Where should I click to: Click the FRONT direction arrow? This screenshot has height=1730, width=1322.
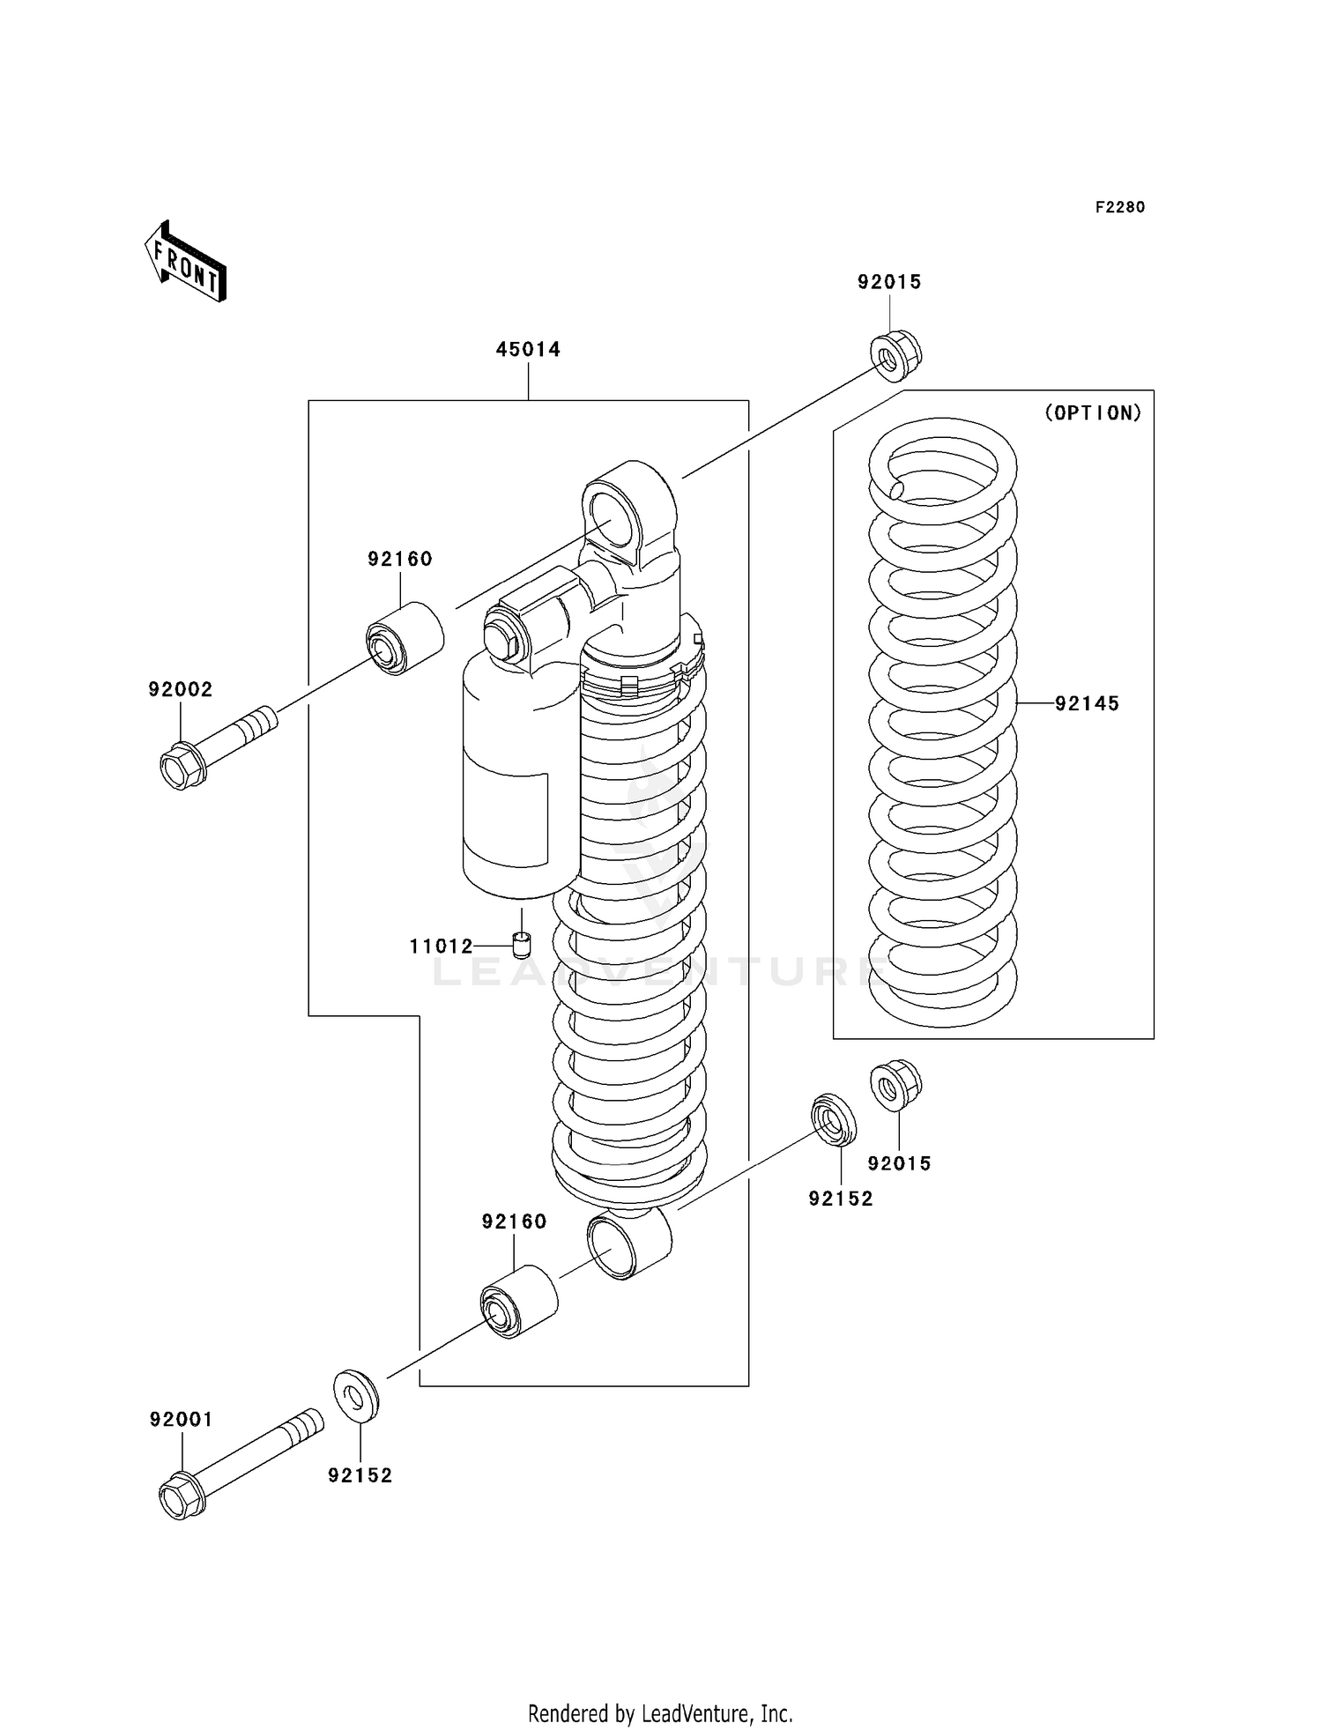coord(186,262)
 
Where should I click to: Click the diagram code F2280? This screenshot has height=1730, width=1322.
coord(1119,207)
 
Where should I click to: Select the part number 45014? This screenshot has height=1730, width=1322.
coord(527,349)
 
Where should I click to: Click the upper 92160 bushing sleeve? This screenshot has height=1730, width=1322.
coord(405,637)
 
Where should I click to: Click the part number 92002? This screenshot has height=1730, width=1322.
coord(180,689)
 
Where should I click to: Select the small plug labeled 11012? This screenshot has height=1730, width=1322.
coord(522,946)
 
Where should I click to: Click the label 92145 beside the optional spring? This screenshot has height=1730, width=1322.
coord(1087,703)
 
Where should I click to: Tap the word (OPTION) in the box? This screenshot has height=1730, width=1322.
coord(1092,412)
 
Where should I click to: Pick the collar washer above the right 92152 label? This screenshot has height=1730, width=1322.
coord(834,1119)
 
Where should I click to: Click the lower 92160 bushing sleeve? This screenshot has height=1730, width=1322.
coord(519,1302)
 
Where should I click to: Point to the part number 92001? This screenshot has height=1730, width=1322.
coord(181,1419)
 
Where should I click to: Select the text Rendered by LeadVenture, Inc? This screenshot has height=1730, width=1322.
coord(660,1713)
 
